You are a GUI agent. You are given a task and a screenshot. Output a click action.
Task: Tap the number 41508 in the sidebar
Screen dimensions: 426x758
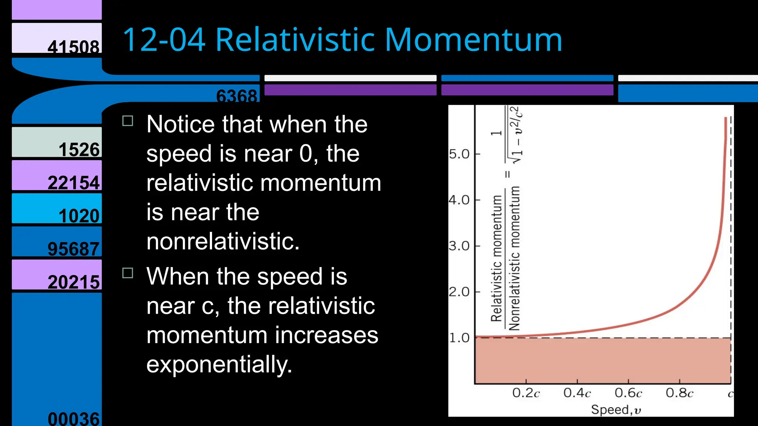pyautogui.click(x=73, y=47)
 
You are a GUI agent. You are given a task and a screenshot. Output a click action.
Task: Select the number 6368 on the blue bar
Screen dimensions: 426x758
pyautogui.click(x=236, y=96)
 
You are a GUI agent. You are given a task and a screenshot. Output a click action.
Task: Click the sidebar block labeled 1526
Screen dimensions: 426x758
pyautogui.click(x=57, y=142)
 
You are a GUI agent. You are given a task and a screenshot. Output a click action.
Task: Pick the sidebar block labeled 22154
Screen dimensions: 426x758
pyautogui.click(x=57, y=175)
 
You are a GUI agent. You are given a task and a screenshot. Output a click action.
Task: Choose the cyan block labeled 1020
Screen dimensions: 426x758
pyautogui.click(x=57, y=209)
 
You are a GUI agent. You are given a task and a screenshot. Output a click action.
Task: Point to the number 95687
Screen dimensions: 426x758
pyautogui.click(x=73, y=248)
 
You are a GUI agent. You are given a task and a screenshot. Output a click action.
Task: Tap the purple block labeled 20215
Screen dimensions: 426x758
pyautogui.click(x=57, y=274)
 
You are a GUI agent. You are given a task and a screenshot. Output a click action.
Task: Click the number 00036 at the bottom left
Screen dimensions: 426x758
pyautogui.click(x=73, y=419)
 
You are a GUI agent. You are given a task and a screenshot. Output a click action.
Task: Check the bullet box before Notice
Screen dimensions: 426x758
pyautogui.click(x=128, y=121)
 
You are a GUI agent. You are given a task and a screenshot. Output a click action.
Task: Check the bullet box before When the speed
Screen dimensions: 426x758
pyautogui.click(x=128, y=273)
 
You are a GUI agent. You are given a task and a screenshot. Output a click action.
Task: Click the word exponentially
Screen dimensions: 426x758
pyautogui.click(x=219, y=365)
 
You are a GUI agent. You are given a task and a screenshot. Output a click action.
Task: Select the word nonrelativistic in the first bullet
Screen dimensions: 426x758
pyautogui.click(x=222, y=241)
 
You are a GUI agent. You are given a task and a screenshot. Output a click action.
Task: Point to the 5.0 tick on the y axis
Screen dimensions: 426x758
pyautogui.click(x=459, y=154)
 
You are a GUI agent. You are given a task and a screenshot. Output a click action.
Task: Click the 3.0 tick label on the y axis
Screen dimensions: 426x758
pyautogui.click(x=459, y=246)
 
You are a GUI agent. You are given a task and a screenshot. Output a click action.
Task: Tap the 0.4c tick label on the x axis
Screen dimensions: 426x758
pyautogui.click(x=577, y=393)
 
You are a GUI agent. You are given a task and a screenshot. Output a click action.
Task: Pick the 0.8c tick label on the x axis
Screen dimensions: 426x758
pyautogui.click(x=679, y=393)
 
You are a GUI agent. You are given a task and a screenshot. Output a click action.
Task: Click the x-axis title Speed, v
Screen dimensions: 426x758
pyautogui.click(x=616, y=410)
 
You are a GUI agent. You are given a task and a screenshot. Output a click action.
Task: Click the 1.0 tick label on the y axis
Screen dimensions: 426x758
pyautogui.click(x=459, y=338)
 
